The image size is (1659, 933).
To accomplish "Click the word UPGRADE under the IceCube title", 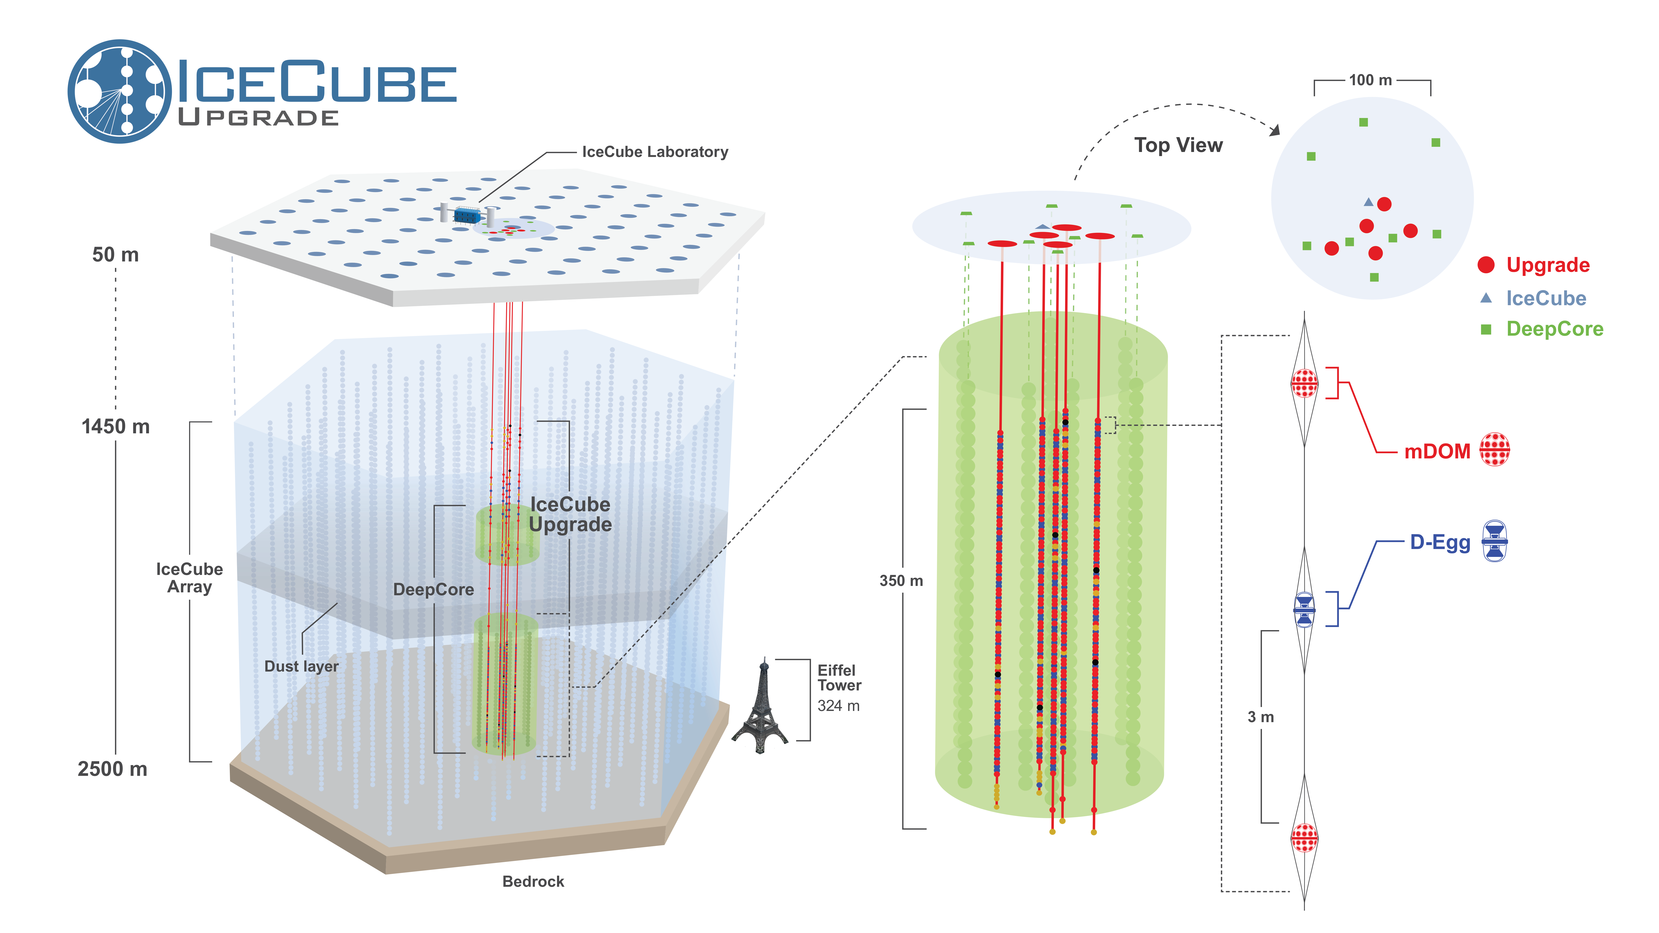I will pos(258,118).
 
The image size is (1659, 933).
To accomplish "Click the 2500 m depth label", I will pos(113,769).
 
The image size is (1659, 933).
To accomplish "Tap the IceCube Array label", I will pos(189,578).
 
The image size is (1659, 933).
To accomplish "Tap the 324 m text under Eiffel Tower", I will pos(838,706).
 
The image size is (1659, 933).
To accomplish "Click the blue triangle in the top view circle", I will pos(1368,202).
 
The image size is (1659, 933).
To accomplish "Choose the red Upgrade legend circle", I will pos(1486,265).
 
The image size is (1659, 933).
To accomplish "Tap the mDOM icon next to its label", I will pos(1494,449).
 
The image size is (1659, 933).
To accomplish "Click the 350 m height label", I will pos(901,581).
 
